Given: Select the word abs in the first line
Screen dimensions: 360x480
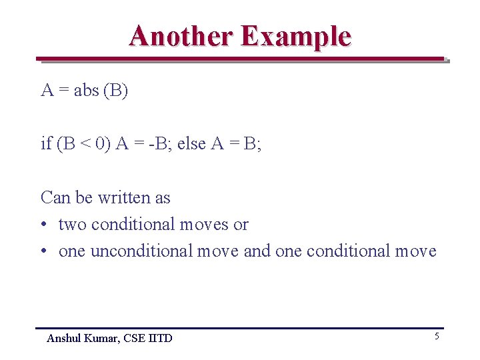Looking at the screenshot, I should click(86, 91).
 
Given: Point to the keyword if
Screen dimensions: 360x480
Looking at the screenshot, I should click(46, 144).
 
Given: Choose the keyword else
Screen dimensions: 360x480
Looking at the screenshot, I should click(193, 144).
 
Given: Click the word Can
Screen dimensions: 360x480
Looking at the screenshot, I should click(55, 197).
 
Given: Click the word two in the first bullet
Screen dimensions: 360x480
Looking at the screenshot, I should click(73, 225).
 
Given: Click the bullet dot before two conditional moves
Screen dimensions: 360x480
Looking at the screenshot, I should click(44, 225).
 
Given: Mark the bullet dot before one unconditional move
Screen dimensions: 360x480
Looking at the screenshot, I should click(44, 251).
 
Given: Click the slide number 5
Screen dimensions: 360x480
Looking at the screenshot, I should click(437, 337).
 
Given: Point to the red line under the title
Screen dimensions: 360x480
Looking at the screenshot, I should click(240, 59).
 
